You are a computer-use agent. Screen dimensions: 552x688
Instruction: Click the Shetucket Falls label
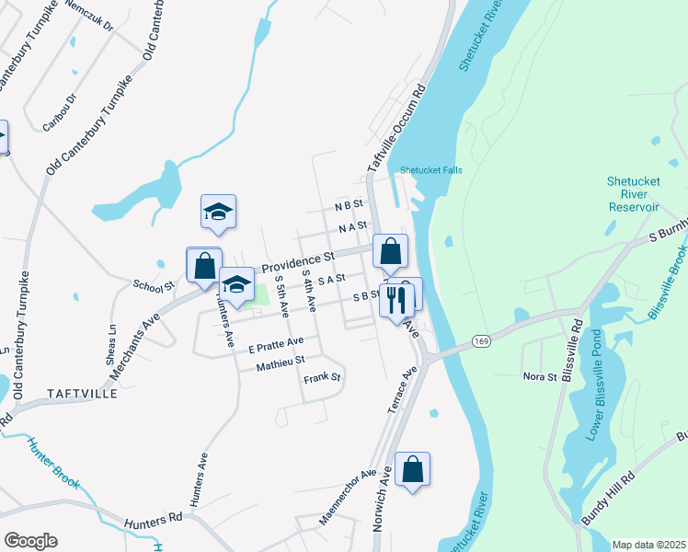(430, 170)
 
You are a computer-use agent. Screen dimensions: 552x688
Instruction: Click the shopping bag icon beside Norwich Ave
(412, 469)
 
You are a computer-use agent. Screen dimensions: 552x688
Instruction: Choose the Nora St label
(540, 376)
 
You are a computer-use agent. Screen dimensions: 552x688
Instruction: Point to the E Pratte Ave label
(275, 347)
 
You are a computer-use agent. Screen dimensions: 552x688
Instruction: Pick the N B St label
(350, 204)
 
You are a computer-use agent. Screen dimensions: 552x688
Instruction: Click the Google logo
(30, 541)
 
